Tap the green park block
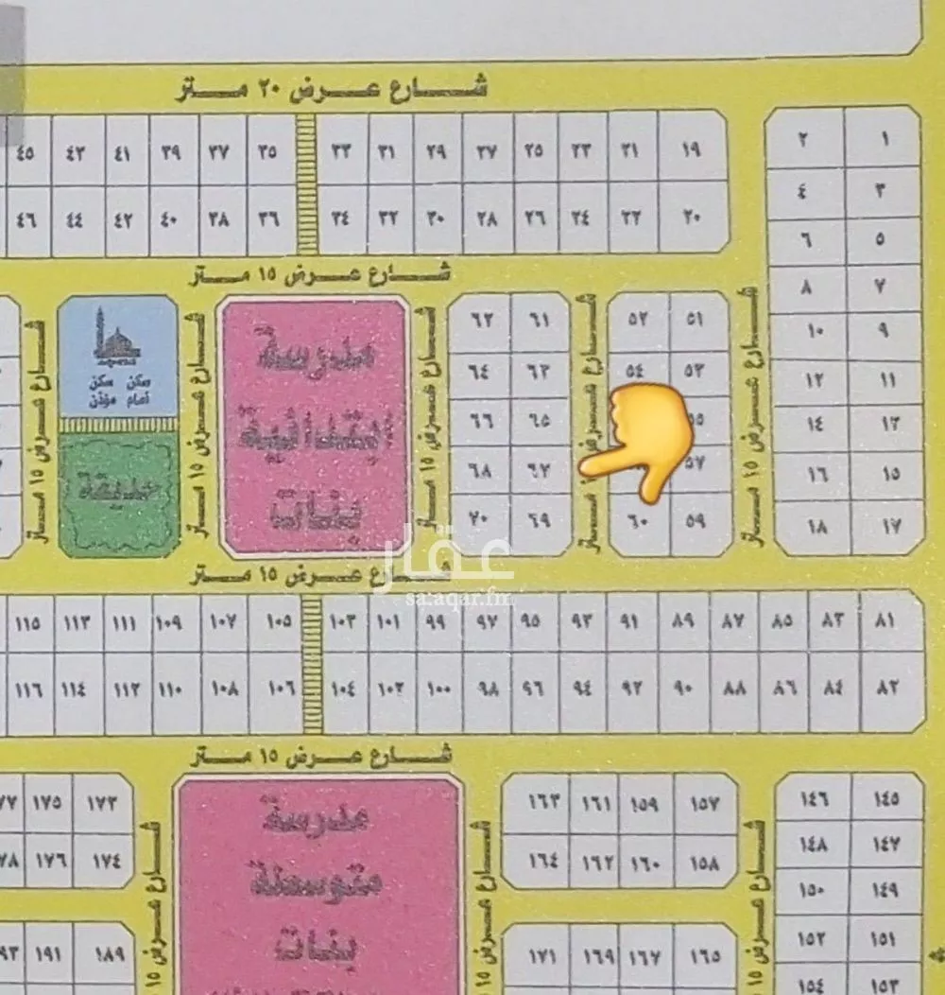(x=119, y=492)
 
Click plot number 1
(x=884, y=139)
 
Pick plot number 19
(x=691, y=148)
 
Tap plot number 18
(x=816, y=526)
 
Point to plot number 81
(x=885, y=621)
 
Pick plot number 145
(x=885, y=800)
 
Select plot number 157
(x=704, y=805)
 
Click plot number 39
(x=171, y=150)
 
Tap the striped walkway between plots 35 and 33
(x=307, y=184)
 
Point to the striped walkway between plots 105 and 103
(x=312, y=664)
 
